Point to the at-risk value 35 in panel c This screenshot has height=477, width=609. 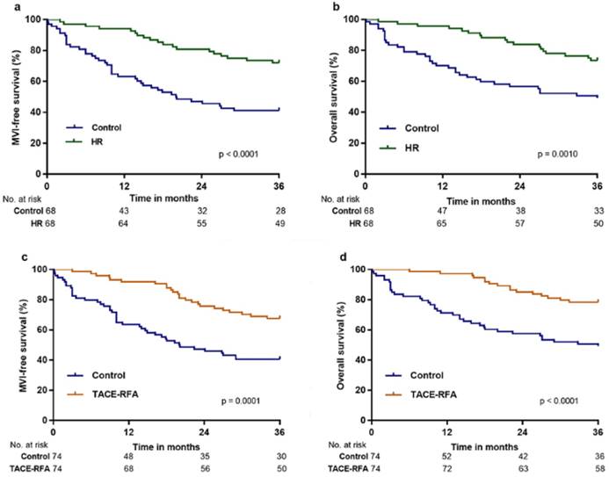point(204,455)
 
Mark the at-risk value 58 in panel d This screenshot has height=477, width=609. point(597,467)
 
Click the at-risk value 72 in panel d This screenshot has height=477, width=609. point(447,467)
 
